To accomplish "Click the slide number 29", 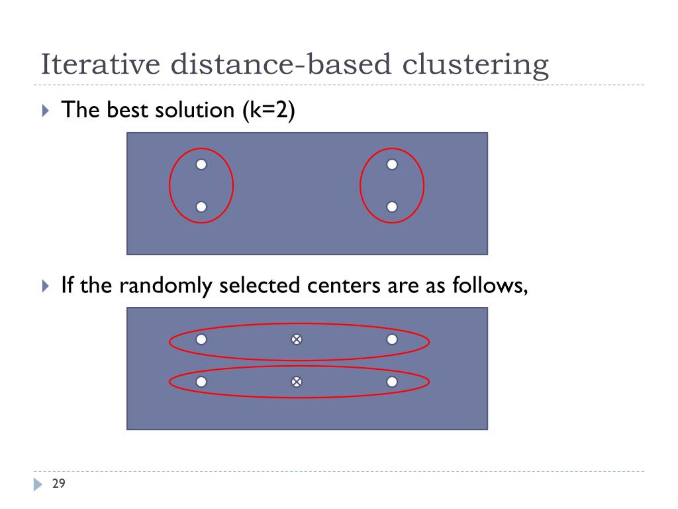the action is [58, 484].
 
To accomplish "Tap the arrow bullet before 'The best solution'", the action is [45, 111].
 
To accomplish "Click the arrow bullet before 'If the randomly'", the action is [45, 286].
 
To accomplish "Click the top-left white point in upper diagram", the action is [201, 164].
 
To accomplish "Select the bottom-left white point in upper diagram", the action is [201, 207].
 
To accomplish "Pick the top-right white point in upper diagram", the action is [392, 164].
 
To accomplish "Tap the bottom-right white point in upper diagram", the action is [392, 207].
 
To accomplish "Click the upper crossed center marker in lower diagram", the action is [297, 339].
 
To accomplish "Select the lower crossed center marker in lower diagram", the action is [297, 382].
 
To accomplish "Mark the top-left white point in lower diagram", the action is [201, 339].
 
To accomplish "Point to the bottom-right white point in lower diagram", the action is [392, 382].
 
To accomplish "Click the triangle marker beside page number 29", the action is [38, 484].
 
